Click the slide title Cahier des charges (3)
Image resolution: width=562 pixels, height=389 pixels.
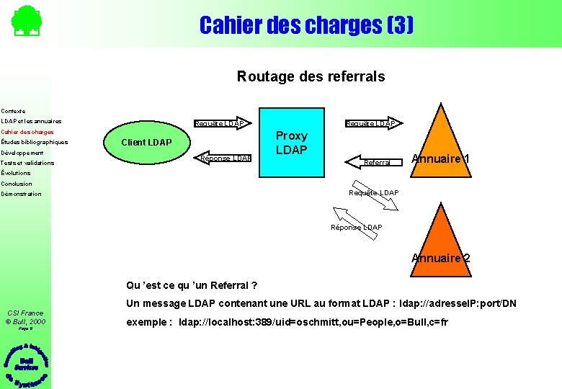pos(306,26)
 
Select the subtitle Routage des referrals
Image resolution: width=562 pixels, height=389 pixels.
pos(311,76)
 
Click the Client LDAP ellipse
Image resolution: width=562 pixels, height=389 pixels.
pos(146,142)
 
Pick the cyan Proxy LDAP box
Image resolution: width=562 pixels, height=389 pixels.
pos(291,143)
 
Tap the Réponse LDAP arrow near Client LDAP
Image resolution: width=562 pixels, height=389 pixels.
pos(225,158)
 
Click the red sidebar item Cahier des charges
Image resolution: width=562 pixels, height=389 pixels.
pos(27,132)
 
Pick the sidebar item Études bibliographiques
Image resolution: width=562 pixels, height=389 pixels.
pos(35,142)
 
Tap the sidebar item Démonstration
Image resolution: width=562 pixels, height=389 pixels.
pos(22,194)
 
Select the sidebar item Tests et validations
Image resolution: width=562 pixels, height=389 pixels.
pos(27,163)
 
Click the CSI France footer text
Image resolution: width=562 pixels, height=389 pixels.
pos(25,313)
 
